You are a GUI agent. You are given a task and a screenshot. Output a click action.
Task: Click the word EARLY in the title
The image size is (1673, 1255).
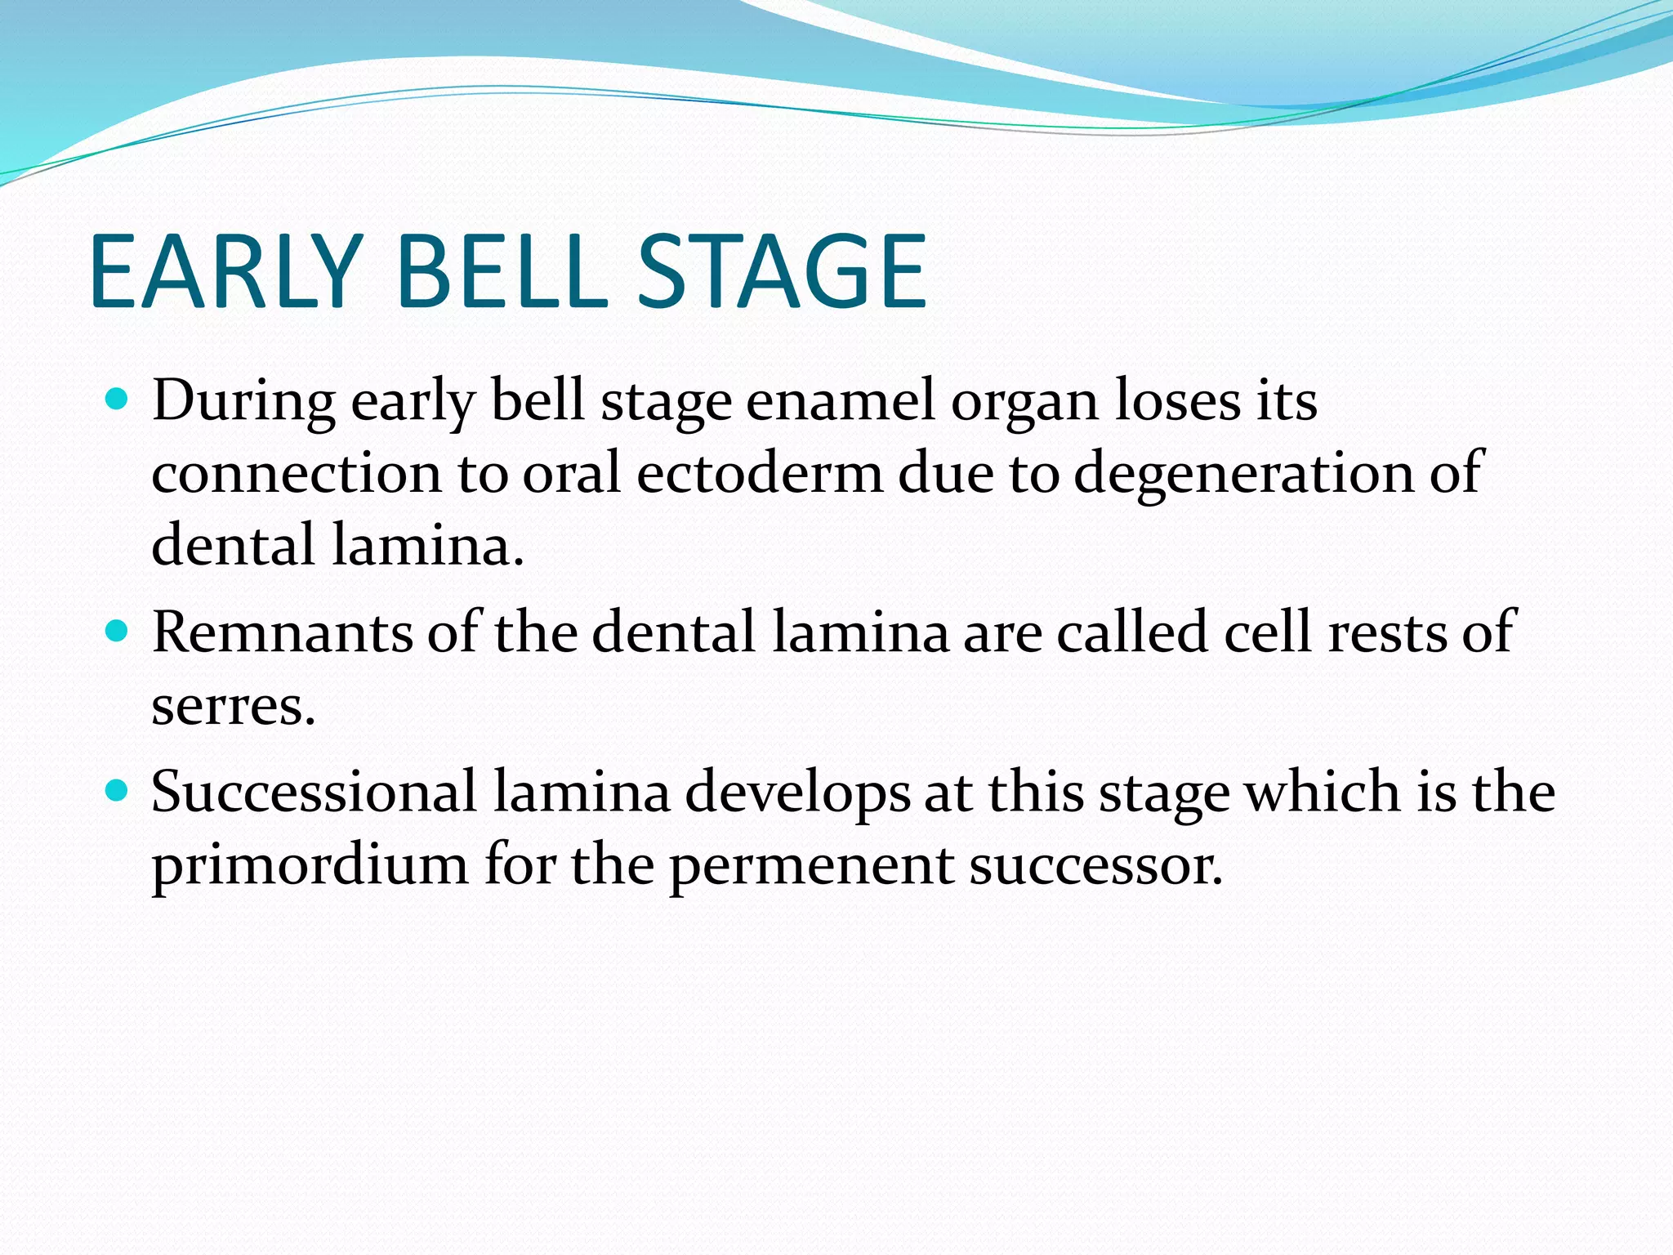point(225,271)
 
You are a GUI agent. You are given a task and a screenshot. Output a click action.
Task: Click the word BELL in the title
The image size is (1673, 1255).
point(502,271)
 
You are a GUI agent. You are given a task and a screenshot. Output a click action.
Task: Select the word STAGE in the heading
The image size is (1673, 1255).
point(781,271)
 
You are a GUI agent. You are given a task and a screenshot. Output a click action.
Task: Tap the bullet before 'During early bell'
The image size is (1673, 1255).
point(118,400)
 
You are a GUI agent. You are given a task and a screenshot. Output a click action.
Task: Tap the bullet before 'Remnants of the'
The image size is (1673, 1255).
point(118,632)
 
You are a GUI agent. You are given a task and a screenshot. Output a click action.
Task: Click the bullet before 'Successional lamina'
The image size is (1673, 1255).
point(118,791)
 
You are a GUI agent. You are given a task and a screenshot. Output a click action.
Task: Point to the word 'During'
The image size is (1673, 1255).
point(243,401)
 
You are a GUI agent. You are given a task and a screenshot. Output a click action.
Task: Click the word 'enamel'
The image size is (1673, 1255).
point(840,401)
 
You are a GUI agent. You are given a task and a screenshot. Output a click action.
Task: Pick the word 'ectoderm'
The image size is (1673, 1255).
point(760,473)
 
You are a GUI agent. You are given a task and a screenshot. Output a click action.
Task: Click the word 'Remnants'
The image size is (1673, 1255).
point(282,632)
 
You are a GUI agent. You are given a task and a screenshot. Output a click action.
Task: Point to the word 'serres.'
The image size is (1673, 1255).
point(233,706)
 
